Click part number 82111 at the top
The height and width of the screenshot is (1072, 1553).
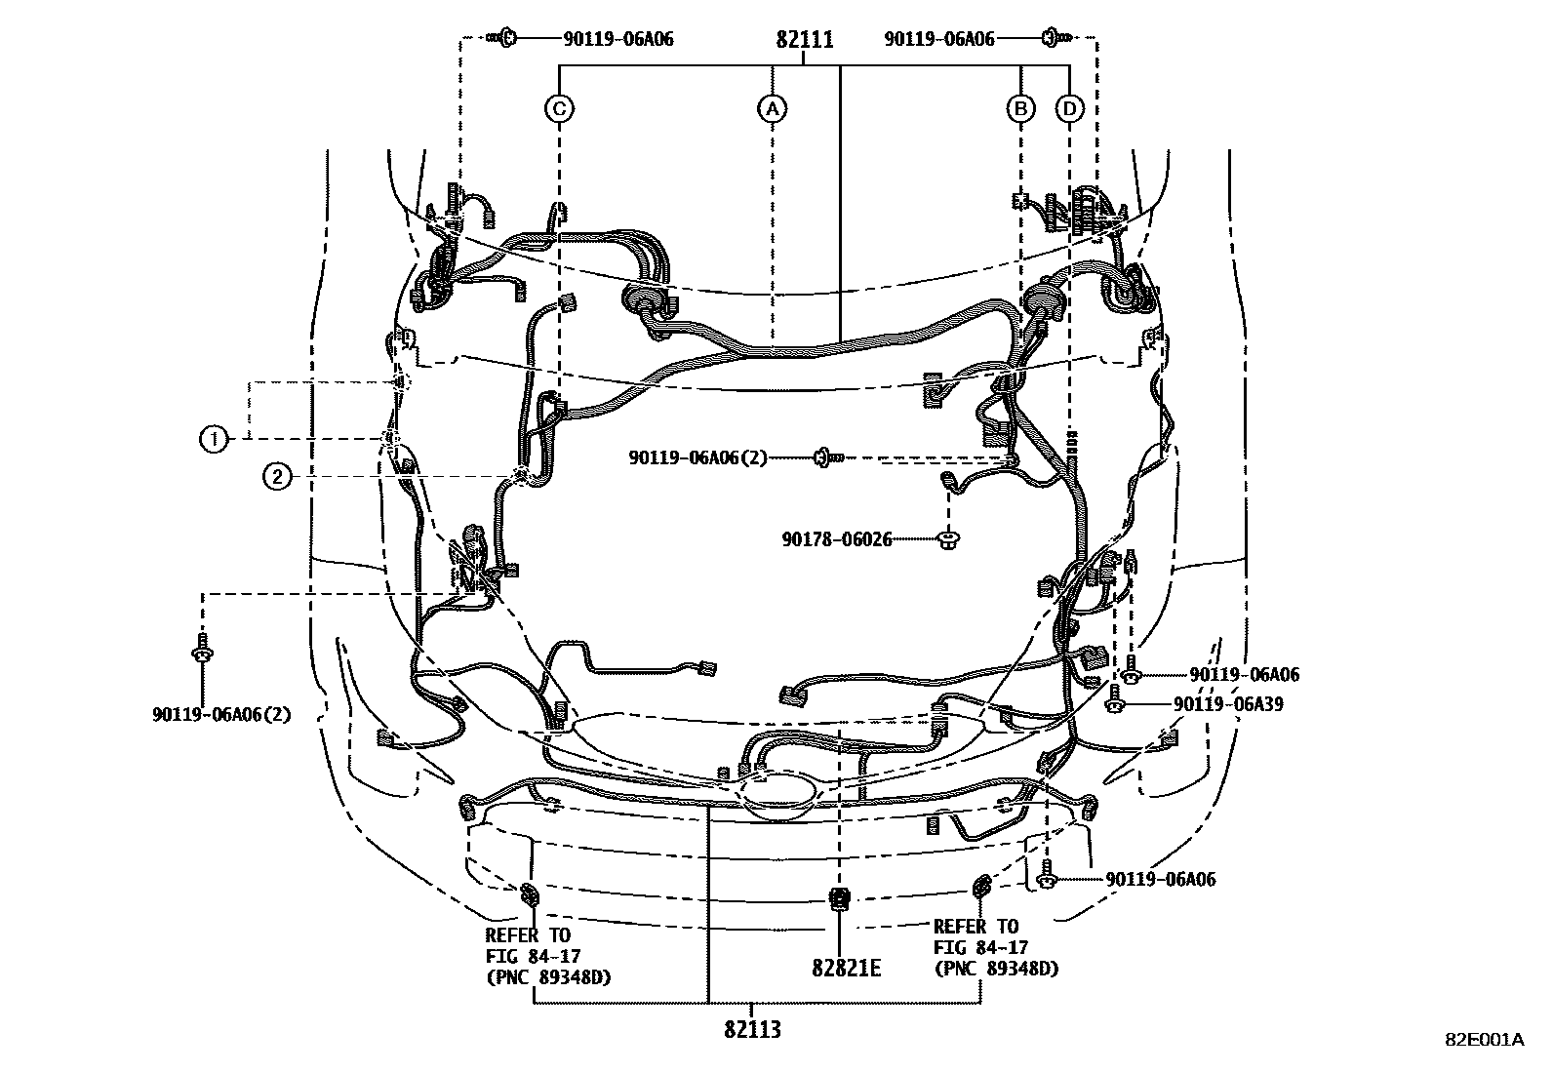pyautogui.click(x=805, y=40)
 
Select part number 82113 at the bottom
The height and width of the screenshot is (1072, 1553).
pyautogui.click(x=752, y=1029)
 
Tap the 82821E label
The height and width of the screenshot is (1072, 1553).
pyautogui.click(x=846, y=968)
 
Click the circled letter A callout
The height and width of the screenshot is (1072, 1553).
pyautogui.click(x=772, y=108)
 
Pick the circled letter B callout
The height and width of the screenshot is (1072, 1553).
pyautogui.click(x=1020, y=108)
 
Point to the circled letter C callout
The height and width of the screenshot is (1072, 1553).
pyautogui.click(x=559, y=108)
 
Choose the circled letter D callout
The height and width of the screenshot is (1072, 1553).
pyautogui.click(x=1070, y=108)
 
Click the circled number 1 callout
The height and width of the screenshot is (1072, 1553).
pyautogui.click(x=213, y=440)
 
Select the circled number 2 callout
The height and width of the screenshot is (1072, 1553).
pyautogui.click(x=278, y=476)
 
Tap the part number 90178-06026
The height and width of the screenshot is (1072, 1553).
pyautogui.click(x=836, y=538)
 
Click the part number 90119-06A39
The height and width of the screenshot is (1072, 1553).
pyautogui.click(x=1228, y=704)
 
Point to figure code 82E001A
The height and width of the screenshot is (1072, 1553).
pyautogui.click(x=1484, y=1040)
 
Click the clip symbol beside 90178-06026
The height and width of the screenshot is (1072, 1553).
pyautogui.click(x=947, y=537)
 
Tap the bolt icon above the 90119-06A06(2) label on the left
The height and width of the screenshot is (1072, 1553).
pyautogui.click(x=201, y=648)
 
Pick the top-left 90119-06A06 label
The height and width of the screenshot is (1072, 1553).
pyautogui.click(x=617, y=39)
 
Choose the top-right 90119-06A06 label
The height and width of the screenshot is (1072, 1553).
pyautogui.click(x=939, y=39)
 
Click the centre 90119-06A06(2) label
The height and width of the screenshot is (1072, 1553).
pyautogui.click(x=697, y=457)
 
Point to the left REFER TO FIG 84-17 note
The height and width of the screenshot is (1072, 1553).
pyautogui.click(x=547, y=956)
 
